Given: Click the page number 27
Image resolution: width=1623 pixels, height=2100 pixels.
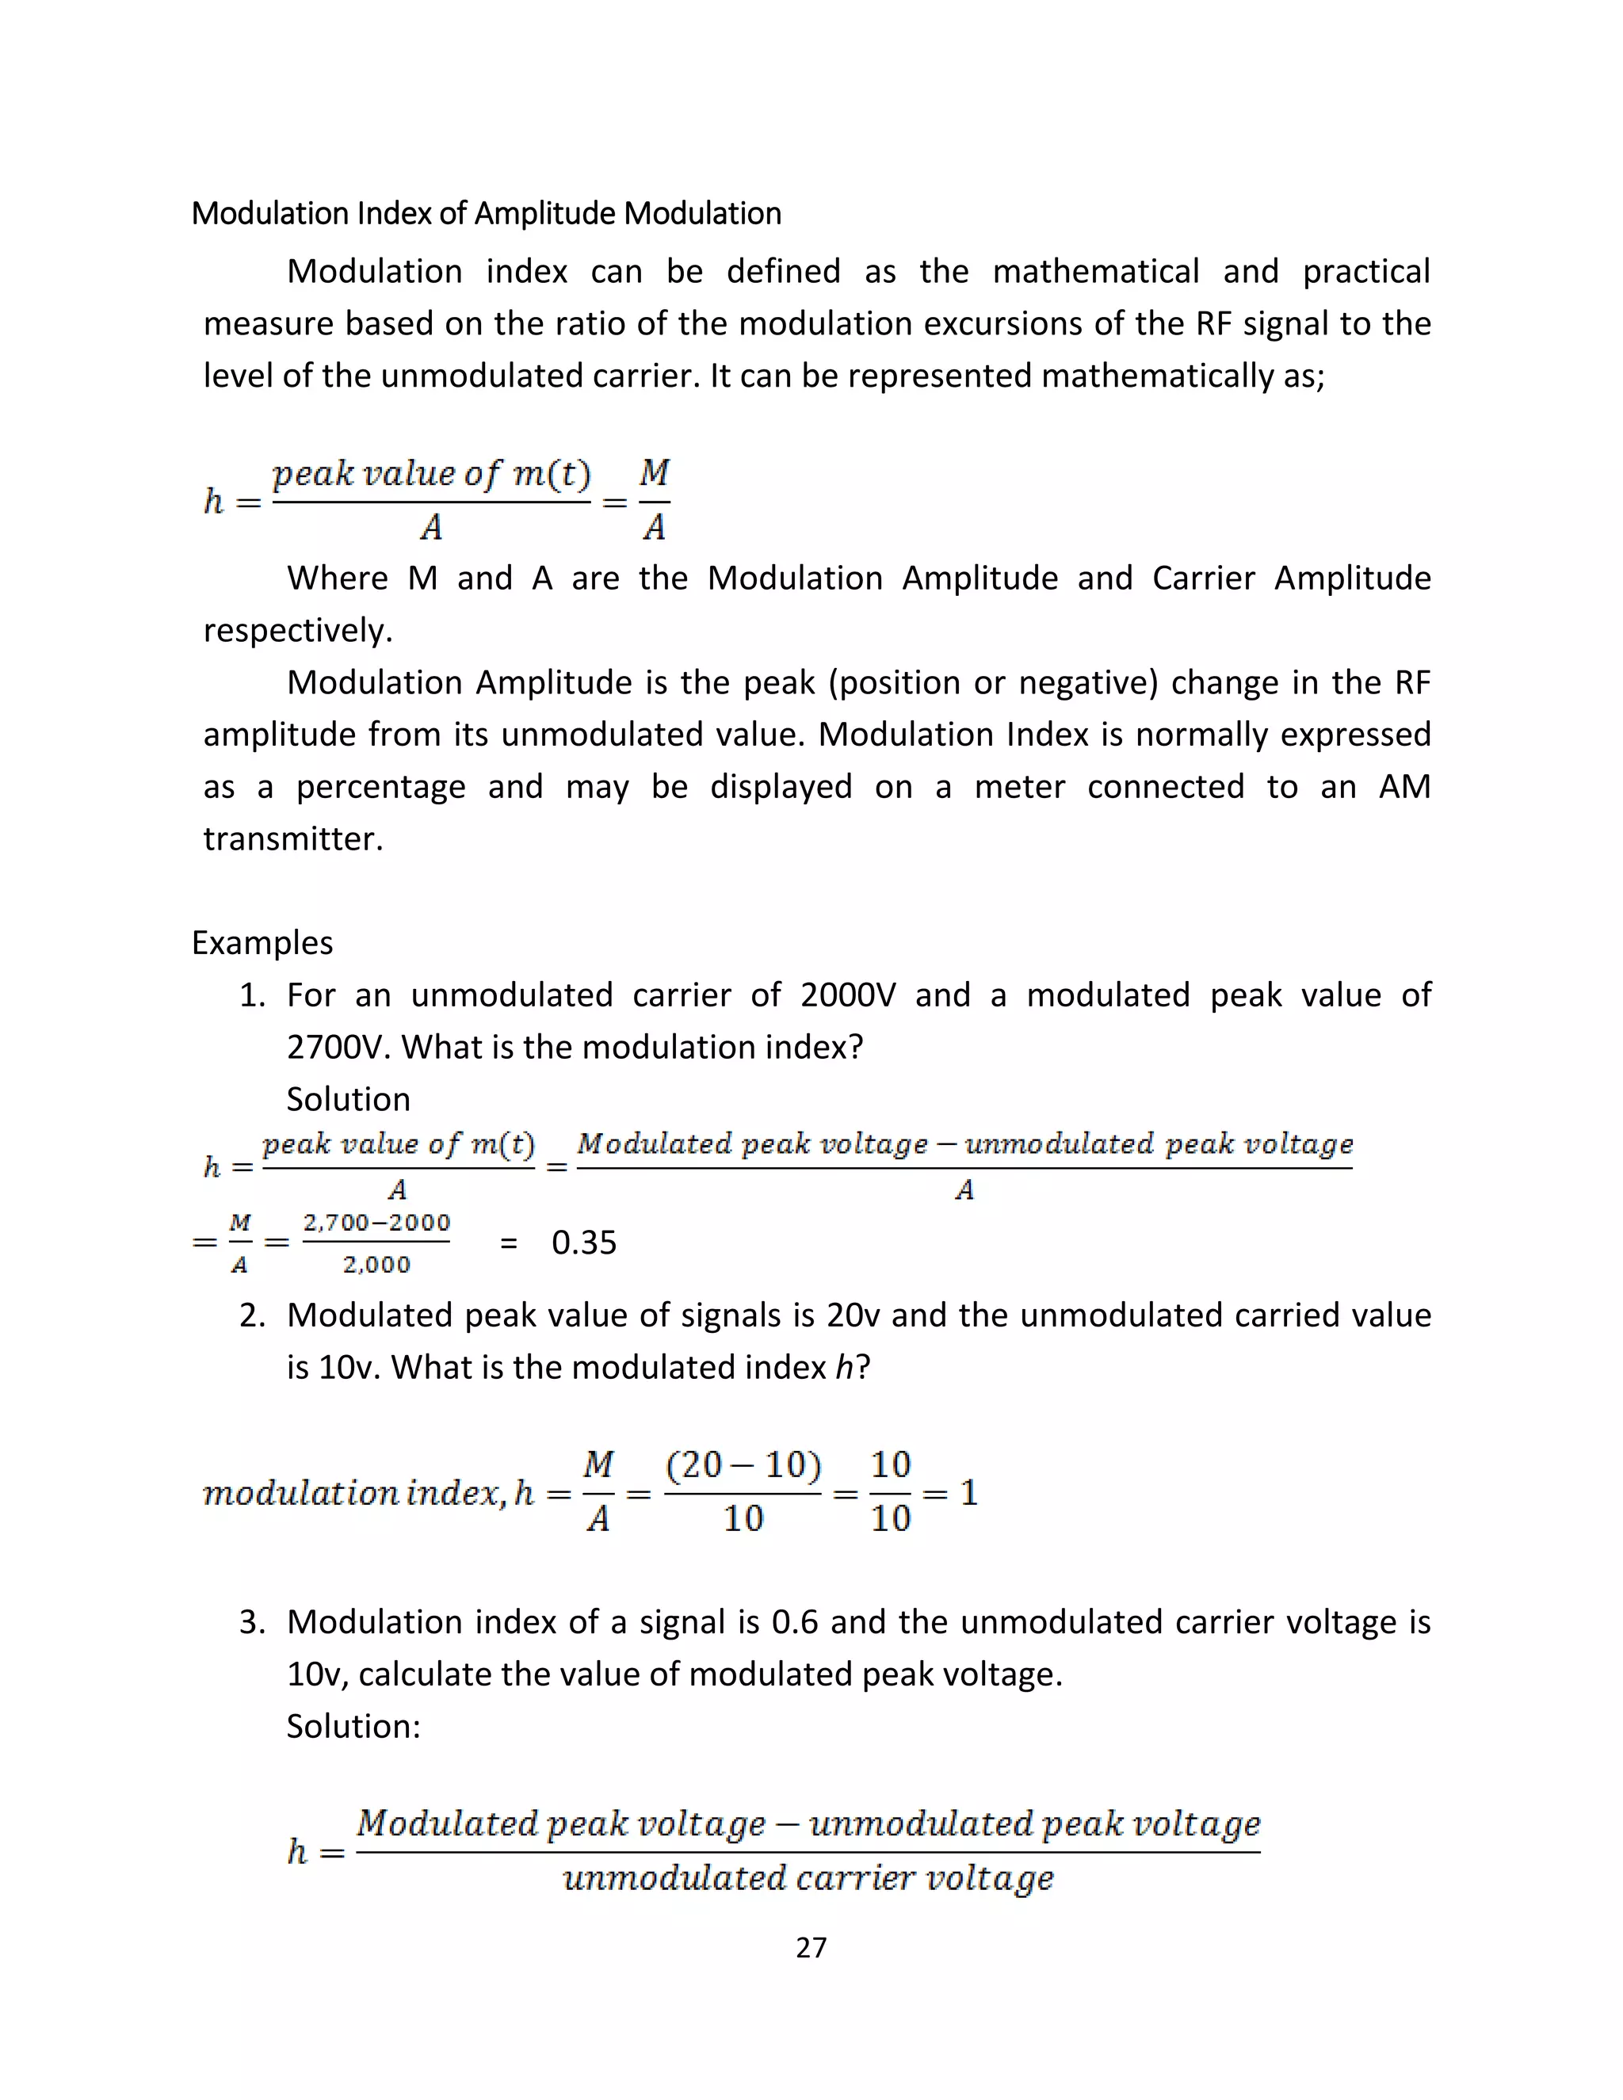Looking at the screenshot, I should pos(811,1947).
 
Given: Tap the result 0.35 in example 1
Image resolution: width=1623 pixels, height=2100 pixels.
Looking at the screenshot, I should pos(583,1243).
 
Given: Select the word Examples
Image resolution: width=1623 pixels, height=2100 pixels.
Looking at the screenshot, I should pos(262,942).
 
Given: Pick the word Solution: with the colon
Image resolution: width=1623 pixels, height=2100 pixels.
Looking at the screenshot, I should pos(353,1726).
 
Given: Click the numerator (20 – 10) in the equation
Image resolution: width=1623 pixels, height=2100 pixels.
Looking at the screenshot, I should pos(743,1464).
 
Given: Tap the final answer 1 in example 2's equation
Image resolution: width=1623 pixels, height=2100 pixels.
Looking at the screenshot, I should pos(969,1492).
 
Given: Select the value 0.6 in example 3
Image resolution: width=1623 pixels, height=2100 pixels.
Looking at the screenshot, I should pos(794,1622).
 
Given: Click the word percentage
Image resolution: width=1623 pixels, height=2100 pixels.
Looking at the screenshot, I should pos(380,787).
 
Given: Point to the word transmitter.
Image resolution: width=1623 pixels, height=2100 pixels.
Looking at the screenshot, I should pos(293,838).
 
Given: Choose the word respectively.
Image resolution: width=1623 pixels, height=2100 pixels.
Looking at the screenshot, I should pos(298,630).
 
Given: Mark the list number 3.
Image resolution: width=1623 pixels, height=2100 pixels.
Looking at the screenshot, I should pos(252,1622).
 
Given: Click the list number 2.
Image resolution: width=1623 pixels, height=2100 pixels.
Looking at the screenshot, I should pos(252,1315).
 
